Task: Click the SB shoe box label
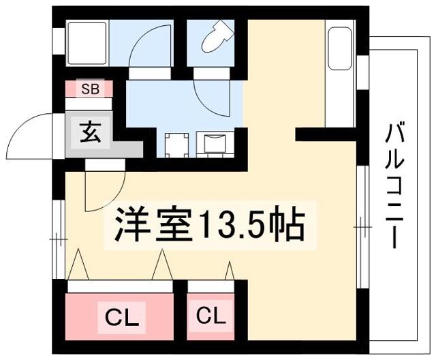pos(90,89)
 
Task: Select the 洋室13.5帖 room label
pos(211,224)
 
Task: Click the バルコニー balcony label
pos(394,186)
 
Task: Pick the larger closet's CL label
pos(122,317)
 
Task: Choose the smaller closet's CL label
pos(211,316)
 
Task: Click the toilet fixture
pos(215,37)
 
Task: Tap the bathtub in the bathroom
pos(87,43)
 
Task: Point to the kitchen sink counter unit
pos(341,74)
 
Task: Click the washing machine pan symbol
pos(177,145)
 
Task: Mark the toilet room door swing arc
pos(206,102)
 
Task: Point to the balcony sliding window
pos(362,227)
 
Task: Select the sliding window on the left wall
pos(59,239)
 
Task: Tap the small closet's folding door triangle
pos(230,271)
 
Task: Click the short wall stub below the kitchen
pos(326,134)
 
